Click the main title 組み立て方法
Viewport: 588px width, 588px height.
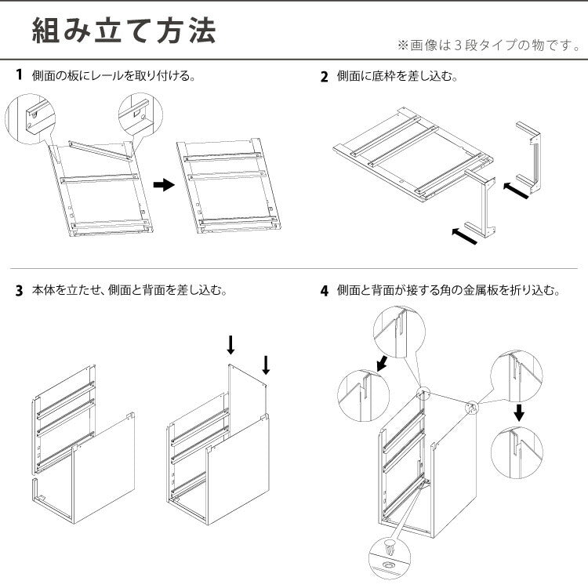coord(123,31)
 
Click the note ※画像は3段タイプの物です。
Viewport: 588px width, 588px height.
coord(489,45)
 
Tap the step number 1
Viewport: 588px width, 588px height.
coord(19,76)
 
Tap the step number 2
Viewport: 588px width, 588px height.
coord(324,77)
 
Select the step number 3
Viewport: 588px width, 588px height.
coord(19,291)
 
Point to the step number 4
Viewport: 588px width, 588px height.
coord(324,291)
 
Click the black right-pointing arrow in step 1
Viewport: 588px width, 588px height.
coord(162,185)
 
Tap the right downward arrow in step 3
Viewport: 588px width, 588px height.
coord(266,365)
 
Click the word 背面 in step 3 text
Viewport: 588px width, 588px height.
coord(171,291)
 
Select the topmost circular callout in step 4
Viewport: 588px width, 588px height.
coord(401,332)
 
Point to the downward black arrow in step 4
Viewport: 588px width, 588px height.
coord(518,412)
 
